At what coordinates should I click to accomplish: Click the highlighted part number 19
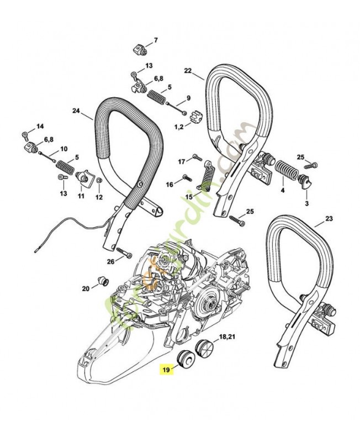point(166,368)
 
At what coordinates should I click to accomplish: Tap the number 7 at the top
point(155,40)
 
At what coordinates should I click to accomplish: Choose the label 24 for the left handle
point(76,110)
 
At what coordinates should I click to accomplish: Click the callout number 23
point(329,219)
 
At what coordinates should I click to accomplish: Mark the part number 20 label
point(86,288)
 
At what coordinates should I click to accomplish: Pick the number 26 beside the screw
point(110,261)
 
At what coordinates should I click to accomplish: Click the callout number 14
point(40,127)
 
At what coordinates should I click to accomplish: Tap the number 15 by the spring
point(189,196)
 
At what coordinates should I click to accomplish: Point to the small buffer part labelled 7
point(140,50)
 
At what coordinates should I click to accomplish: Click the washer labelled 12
point(98,181)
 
